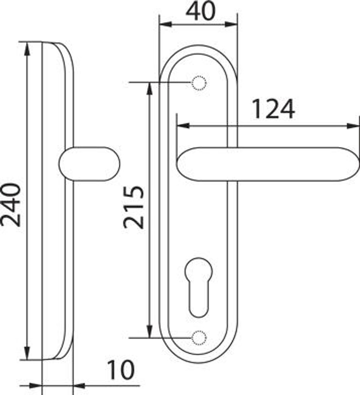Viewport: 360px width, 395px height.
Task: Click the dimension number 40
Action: coord(201,11)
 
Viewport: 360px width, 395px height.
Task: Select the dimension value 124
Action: coord(273,109)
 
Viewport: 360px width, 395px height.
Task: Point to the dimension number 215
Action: coord(134,207)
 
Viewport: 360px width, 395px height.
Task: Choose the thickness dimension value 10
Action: coord(121,370)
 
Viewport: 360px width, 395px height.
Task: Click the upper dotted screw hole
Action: coord(199,83)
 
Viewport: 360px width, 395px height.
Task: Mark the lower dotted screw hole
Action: coord(199,338)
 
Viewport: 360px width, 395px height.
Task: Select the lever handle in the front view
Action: coord(268,164)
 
